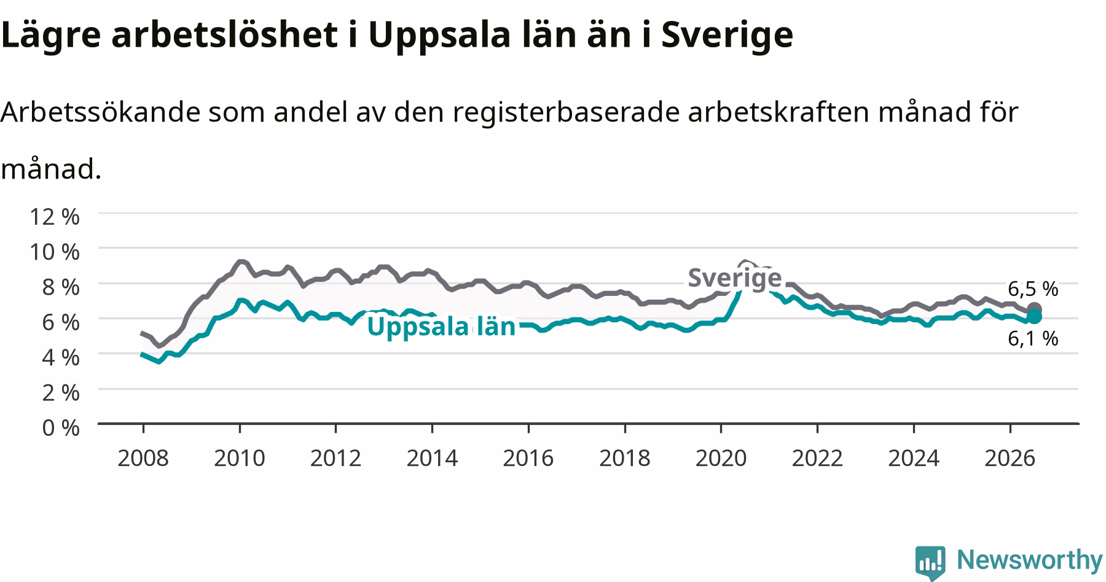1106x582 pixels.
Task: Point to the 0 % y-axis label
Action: (x=60, y=428)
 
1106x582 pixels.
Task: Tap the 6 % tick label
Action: (x=60, y=322)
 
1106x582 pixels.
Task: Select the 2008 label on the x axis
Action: (x=143, y=458)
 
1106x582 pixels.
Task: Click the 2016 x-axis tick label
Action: (x=528, y=458)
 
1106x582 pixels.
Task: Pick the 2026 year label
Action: (x=1010, y=458)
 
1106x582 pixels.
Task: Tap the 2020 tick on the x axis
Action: (x=721, y=458)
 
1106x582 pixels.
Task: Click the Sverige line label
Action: (x=734, y=278)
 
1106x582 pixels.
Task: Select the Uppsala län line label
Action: (x=441, y=327)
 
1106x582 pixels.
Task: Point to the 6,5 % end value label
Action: (x=1033, y=289)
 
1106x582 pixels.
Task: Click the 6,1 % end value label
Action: (x=1033, y=338)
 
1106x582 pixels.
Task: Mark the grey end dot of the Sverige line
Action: (x=1034, y=309)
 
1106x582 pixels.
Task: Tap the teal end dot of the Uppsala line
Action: (x=1034, y=317)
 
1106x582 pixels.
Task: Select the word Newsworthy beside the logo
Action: (x=1030, y=561)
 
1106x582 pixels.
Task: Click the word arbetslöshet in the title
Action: (x=225, y=35)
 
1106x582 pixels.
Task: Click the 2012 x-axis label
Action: (x=335, y=458)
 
